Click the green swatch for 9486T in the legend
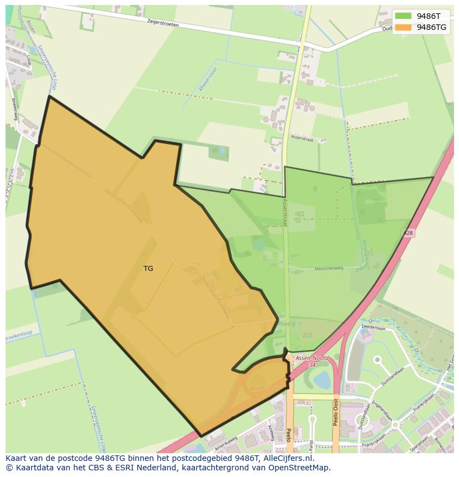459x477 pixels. click(403, 16)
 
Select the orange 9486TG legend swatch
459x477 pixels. click(403, 27)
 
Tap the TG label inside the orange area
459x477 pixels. click(148, 269)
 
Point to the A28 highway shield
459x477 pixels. click(408, 234)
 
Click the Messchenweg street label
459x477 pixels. click(329, 268)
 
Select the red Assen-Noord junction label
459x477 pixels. click(312, 359)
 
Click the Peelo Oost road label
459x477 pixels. click(336, 412)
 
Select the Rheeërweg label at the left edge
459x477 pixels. click(13, 109)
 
